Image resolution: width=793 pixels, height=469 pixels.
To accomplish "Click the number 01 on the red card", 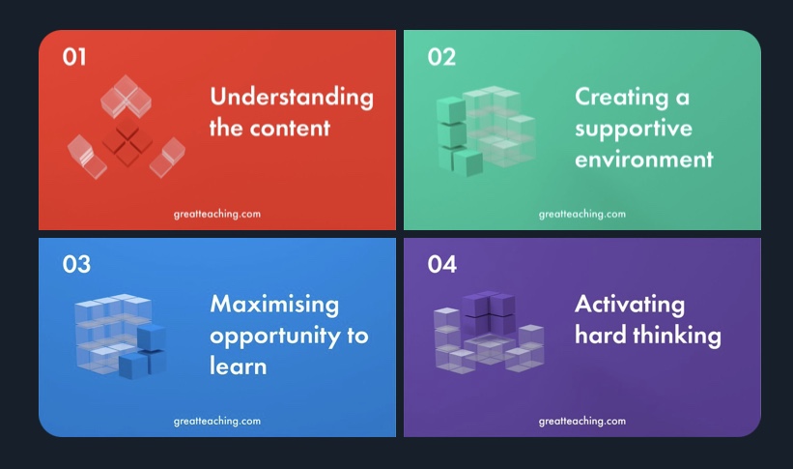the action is point(74,57).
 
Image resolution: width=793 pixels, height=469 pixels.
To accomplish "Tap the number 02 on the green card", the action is point(441,57).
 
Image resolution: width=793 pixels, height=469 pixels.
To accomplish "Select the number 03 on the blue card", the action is point(76,264).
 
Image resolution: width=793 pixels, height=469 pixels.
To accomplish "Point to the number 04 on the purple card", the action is point(442,264).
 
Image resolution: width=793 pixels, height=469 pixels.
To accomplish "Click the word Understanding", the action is point(292,98).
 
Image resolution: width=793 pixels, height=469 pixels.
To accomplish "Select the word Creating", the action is point(622,98).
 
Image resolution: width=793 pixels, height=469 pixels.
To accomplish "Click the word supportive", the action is point(634,130).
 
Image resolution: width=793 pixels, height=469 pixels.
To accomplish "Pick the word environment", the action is point(644,160).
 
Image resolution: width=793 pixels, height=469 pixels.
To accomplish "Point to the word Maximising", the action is point(274,305).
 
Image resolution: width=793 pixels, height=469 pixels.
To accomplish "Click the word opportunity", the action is point(275,337).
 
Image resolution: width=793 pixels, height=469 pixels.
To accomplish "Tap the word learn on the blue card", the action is point(239,366).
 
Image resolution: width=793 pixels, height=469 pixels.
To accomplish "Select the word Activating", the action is point(630,305).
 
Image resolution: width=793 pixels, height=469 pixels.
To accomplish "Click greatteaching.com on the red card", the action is point(217,215).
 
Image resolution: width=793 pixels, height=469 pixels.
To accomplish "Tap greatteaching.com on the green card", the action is point(582,215).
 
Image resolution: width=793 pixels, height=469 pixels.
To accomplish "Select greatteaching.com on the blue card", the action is point(217,422).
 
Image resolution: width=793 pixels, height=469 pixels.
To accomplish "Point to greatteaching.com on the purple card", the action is point(582,422).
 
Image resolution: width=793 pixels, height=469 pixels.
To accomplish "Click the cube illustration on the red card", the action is point(127,127).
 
